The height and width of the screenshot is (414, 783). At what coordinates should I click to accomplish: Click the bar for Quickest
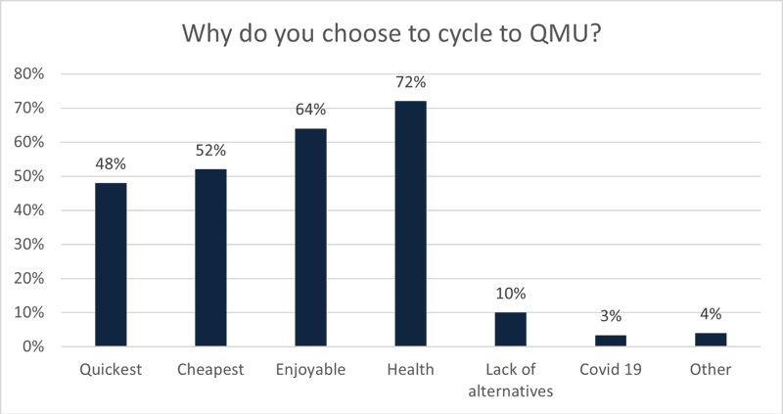[110, 264]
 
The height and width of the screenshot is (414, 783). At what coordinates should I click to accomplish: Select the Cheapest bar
[210, 257]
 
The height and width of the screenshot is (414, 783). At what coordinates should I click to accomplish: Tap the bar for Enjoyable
[310, 237]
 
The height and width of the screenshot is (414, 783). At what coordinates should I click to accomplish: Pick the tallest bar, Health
[410, 223]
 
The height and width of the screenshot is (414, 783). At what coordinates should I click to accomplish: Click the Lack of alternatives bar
[510, 329]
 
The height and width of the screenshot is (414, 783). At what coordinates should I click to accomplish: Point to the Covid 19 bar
[610, 341]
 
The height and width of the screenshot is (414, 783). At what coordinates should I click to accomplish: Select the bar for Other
[711, 340]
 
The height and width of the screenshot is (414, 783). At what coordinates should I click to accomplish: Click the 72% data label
[411, 82]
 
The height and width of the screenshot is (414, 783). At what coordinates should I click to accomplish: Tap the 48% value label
[110, 164]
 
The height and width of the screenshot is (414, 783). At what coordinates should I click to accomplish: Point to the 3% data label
[611, 317]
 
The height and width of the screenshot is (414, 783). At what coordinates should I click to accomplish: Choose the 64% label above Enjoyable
[311, 110]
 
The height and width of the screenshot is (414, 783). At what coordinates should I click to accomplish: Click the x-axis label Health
[410, 369]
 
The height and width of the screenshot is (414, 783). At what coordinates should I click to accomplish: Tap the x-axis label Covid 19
[610, 369]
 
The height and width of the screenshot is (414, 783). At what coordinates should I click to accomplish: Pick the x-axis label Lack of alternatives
[510, 379]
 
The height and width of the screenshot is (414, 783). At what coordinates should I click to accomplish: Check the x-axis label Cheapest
[210, 369]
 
